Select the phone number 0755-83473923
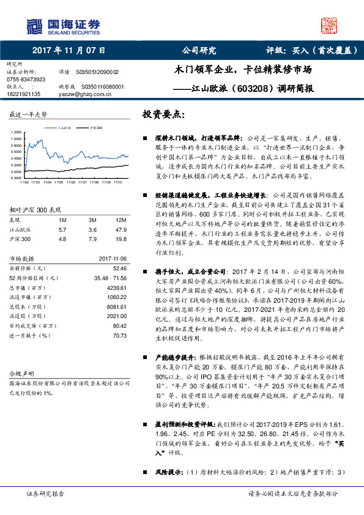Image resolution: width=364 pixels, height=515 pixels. click(x=25, y=80)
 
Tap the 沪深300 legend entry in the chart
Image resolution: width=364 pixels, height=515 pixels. click(x=94, y=128)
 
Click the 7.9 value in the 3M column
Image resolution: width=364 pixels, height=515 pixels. click(x=93, y=239)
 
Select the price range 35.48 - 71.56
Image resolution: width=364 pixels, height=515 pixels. click(x=109, y=278)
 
